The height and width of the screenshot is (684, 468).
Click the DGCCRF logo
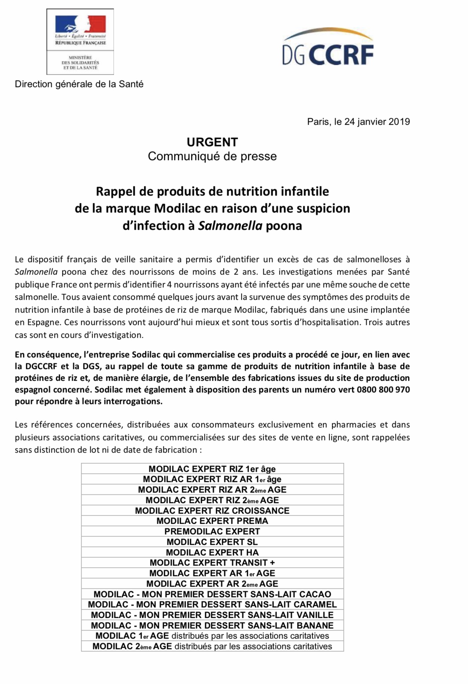click(x=328, y=49)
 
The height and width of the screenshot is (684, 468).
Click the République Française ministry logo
click(x=80, y=41)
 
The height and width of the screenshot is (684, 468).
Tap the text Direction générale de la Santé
click(x=79, y=84)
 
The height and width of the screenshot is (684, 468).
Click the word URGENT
click(x=212, y=142)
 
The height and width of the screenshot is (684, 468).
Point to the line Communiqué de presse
click(x=212, y=156)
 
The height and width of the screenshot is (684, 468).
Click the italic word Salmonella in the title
click(x=230, y=226)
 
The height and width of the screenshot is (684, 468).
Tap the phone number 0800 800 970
click(x=384, y=390)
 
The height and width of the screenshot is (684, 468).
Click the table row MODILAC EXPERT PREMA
click(x=212, y=521)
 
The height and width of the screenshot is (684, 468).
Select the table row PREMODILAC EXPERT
click(x=212, y=532)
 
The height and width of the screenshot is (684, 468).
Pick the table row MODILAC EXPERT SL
click(x=212, y=542)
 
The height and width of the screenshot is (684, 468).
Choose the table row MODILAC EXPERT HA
click(x=212, y=553)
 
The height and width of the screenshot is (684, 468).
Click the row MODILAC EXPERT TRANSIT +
click(x=212, y=563)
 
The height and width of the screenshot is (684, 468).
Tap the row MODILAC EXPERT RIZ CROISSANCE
click(x=212, y=511)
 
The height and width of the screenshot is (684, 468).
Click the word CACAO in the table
click(x=315, y=594)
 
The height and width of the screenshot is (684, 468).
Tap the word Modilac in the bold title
click(x=179, y=209)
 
